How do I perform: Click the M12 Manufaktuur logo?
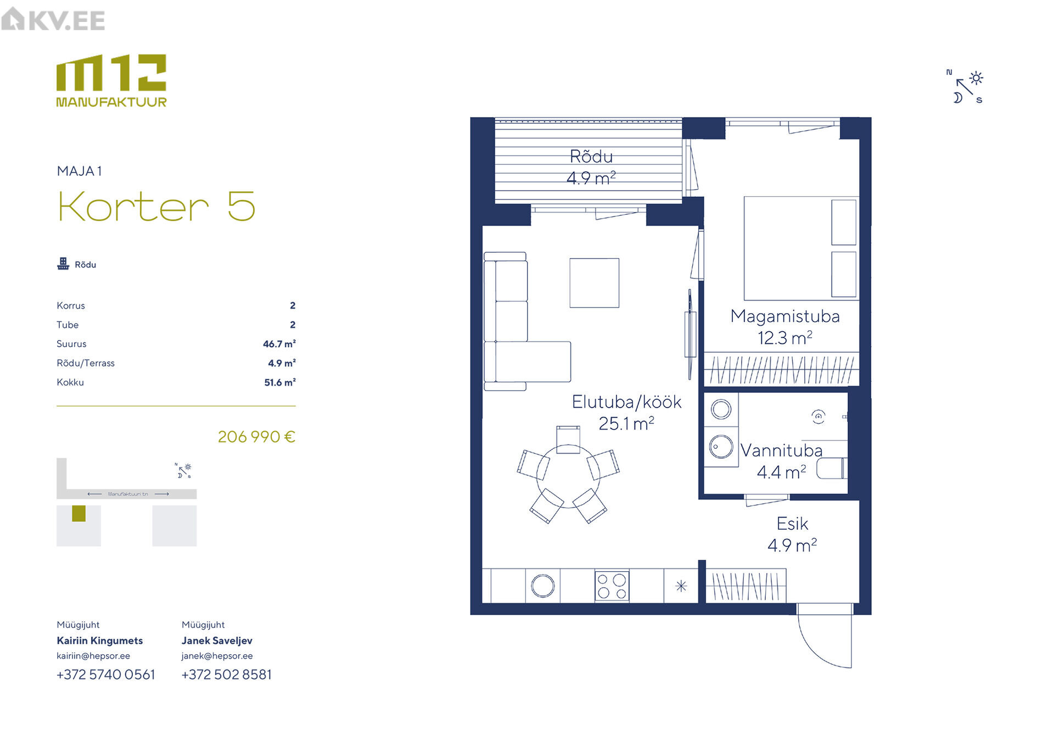(x=111, y=81)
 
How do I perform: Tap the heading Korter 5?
(x=157, y=207)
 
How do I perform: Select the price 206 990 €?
(x=256, y=437)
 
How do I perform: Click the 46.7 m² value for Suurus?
(x=279, y=344)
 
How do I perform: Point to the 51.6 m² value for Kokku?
(x=280, y=382)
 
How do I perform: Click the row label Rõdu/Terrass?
(x=86, y=363)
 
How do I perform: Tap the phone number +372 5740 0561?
(x=106, y=675)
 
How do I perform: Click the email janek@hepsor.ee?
(x=217, y=656)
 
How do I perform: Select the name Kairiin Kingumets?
(x=100, y=641)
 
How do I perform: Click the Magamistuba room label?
(x=785, y=316)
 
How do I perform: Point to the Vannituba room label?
(x=782, y=450)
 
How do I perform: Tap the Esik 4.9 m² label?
(x=792, y=535)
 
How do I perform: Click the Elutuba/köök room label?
(x=626, y=402)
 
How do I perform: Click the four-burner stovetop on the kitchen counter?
(x=612, y=586)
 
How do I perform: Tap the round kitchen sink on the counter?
(x=543, y=586)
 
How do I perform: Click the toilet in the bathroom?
(x=832, y=469)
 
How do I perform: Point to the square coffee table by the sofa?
(x=595, y=283)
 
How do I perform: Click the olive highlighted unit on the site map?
(x=79, y=514)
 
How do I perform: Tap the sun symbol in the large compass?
(x=976, y=78)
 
